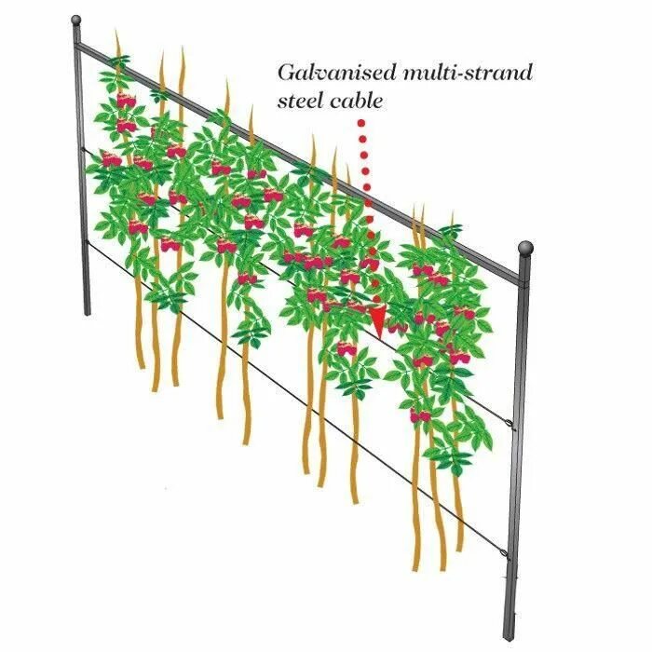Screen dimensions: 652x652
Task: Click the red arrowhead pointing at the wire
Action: click(x=377, y=319)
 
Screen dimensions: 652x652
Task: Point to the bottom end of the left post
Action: click(x=86, y=312)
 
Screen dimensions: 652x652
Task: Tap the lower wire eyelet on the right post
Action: click(x=508, y=557)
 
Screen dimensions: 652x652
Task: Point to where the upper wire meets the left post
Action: click(x=82, y=149)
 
